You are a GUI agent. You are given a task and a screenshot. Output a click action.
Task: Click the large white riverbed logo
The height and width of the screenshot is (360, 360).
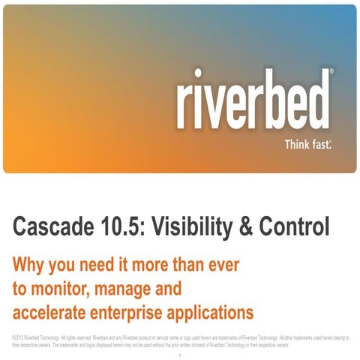(x=253, y=99)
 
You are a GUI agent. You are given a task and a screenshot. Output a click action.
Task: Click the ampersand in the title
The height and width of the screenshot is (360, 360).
(x=254, y=225)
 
